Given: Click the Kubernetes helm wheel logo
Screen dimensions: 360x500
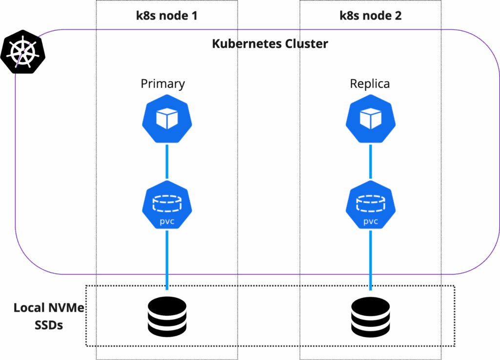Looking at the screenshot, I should click(23, 52).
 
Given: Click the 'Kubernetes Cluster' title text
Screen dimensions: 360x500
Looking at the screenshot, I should click(270, 43).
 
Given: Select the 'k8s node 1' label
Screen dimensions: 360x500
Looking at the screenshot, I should click(167, 16).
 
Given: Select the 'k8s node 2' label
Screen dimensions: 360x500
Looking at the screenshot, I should click(371, 16).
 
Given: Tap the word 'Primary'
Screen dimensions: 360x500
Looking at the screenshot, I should click(163, 84).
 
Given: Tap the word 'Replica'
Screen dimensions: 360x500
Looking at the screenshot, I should click(370, 84).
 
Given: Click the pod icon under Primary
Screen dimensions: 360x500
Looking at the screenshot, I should click(167, 119).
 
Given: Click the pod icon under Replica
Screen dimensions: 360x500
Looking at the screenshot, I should click(370, 119).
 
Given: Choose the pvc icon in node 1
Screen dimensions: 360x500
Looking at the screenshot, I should click(167, 206).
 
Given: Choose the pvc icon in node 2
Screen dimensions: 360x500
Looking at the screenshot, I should click(370, 206).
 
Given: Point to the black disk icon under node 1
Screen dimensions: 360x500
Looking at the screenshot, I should click(167, 317).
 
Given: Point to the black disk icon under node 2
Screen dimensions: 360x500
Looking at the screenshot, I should click(370, 317).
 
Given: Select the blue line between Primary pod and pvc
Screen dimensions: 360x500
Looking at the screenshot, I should click(167, 161).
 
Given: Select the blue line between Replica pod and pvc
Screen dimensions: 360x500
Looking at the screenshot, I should click(370, 161).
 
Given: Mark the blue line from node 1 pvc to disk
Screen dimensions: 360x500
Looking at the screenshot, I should click(167, 259).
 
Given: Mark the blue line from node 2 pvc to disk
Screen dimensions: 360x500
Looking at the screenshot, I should click(370, 259).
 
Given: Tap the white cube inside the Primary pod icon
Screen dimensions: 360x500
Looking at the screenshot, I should click(167, 119).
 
